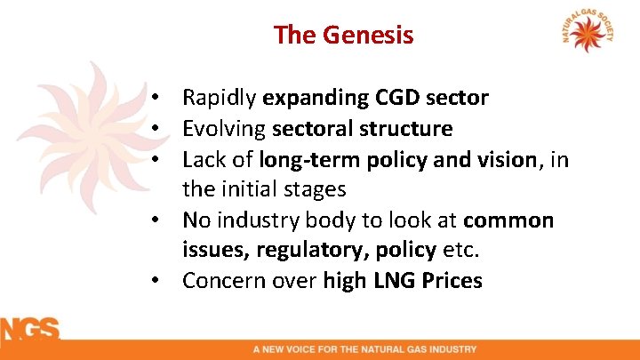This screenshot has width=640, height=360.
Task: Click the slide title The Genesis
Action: [x=343, y=35]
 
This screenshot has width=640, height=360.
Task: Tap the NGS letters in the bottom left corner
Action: [x=29, y=329]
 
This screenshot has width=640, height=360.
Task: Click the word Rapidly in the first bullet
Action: [x=220, y=98]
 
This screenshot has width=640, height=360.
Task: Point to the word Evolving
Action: [x=224, y=129]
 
